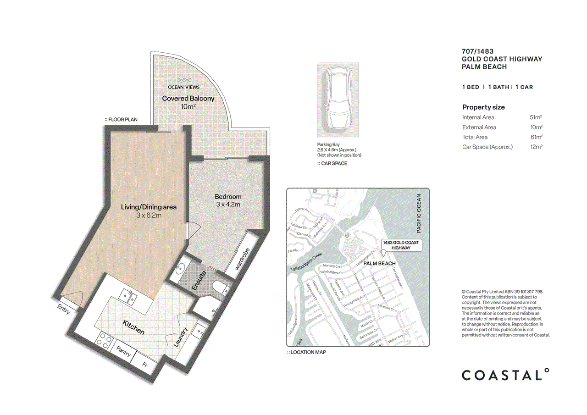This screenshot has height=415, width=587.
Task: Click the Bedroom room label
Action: coord(228,197)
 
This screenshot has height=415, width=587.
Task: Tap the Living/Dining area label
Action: coord(149,207)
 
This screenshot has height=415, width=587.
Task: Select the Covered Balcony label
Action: coord(188,99)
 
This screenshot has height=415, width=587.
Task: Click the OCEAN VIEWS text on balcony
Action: coord(183,87)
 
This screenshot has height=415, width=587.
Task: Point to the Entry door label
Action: coord(64,310)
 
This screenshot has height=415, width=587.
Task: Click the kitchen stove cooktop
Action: coord(104,342)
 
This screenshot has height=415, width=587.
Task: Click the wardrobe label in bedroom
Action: coord(242,259)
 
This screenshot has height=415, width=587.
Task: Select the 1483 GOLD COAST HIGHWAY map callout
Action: coord(400,245)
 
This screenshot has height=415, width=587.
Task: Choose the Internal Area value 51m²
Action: coord(536,117)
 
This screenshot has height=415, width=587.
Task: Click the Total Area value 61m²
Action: coord(536,137)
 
